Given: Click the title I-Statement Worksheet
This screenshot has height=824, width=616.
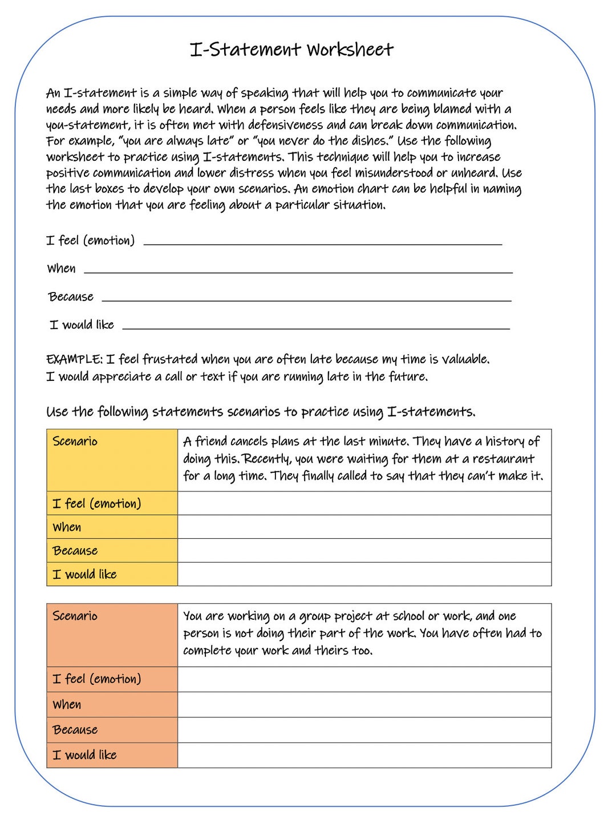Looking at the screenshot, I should [291, 50].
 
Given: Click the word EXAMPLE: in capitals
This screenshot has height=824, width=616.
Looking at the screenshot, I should [74, 359].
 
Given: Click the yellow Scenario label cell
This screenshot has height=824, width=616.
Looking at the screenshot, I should [112, 460].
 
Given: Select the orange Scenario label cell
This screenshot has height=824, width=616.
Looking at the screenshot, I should [112, 634].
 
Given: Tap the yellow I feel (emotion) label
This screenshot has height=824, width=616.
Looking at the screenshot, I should [97, 504].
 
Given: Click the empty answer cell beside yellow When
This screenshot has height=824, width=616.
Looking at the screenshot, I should [364, 527].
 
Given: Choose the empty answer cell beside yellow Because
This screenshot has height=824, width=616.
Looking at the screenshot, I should [364, 550].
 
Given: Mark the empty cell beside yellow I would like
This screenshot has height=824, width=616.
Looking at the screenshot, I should [364, 574].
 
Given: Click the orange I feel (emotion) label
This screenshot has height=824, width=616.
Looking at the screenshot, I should [97, 679].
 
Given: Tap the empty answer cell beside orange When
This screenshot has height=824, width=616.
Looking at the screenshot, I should [364, 704].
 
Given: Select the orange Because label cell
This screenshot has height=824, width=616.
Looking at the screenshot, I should [112, 729].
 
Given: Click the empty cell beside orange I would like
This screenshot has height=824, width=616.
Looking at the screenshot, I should [364, 754].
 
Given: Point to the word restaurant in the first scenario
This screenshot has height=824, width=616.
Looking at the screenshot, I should [503, 459].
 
